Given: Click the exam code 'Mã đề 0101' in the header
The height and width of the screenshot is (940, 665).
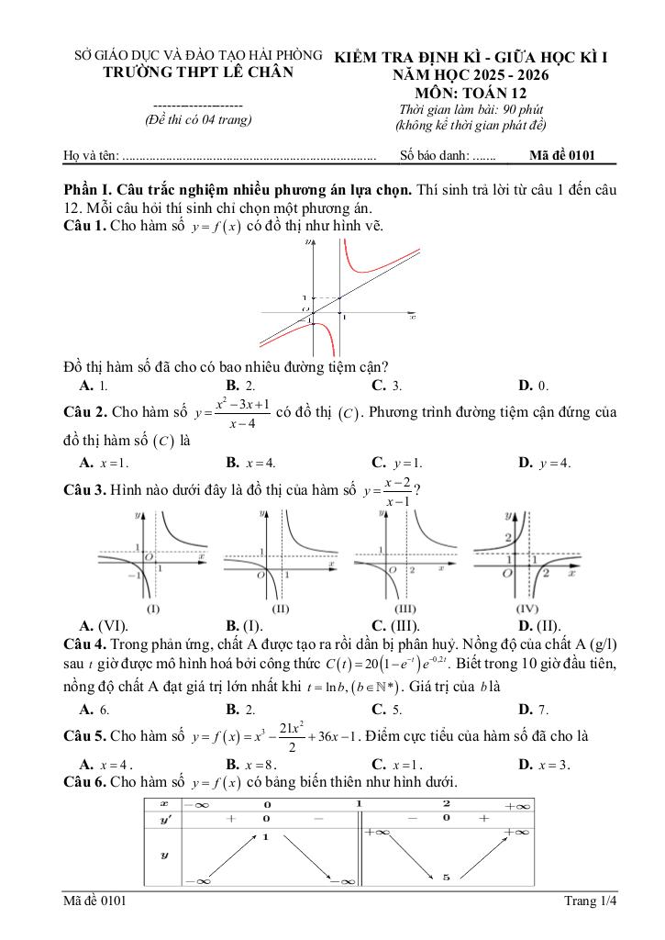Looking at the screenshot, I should tap(562, 155).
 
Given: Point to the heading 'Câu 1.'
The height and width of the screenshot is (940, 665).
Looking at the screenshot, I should tap(84, 226).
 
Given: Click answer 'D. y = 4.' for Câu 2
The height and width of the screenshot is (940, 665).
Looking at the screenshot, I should tap(544, 463).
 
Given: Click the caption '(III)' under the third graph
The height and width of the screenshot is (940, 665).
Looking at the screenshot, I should tap(405, 609).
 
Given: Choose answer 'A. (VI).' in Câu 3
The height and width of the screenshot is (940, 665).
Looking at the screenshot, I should tap(103, 627).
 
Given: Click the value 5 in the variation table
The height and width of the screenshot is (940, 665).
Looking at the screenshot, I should tap(446, 878).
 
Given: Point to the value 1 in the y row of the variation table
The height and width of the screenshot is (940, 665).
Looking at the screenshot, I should tap(265, 837).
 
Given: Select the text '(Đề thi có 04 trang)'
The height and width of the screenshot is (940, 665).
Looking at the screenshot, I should tap(198, 120).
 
